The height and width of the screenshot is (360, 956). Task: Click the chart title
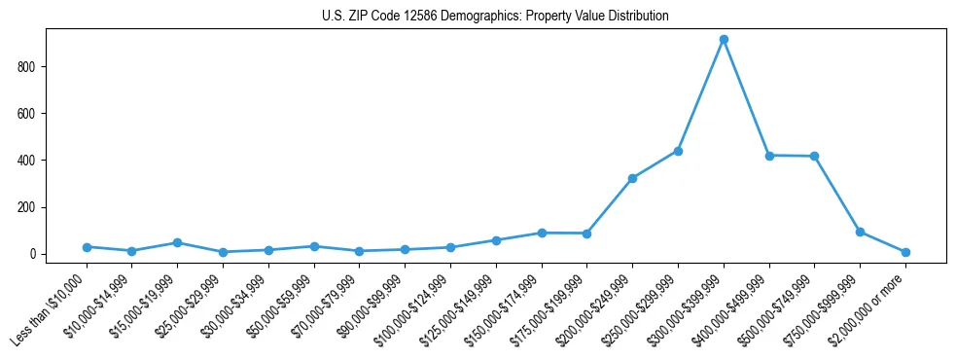click(x=495, y=17)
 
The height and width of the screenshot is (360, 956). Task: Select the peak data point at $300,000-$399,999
click(x=724, y=40)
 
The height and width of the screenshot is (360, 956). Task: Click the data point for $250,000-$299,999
click(x=678, y=151)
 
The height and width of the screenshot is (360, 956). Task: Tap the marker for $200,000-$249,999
click(x=632, y=178)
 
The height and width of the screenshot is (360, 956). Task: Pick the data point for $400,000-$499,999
click(x=769, y=156)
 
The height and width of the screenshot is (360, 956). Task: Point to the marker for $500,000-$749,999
click(x=814, y=157)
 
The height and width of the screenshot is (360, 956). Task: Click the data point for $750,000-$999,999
click(x=860, y=232)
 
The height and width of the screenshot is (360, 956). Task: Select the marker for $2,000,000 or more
click(x=905, y=252)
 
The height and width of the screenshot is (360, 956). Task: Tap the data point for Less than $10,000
click(x=87, y=247)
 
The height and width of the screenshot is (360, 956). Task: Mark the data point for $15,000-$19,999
click(x=177, y=242)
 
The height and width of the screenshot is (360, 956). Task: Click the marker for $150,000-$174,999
click(x=542, y=233)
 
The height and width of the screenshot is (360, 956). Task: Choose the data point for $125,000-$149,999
click(x=496, y=240)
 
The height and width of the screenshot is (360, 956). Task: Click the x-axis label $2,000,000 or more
click(x=870, y=294)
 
